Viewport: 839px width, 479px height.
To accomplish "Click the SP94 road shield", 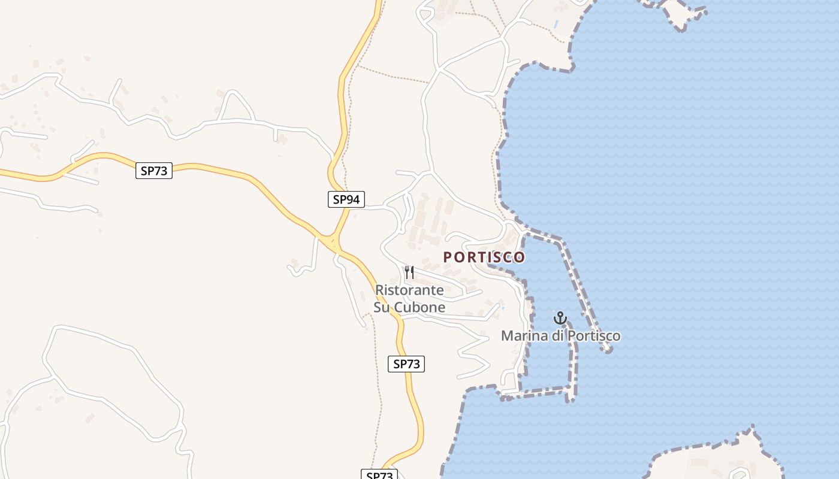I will coord(346,199).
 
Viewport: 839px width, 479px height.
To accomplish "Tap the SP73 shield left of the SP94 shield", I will coord(154,171).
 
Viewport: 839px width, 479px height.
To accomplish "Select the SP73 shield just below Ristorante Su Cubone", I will coord(406,363).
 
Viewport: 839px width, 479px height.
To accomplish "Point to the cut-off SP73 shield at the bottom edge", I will coord(379,475).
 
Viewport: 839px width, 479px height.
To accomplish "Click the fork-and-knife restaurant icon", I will coord(409,272).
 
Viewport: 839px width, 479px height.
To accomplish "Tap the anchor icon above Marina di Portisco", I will coord(560,318).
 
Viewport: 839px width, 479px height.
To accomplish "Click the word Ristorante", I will coord(409,290).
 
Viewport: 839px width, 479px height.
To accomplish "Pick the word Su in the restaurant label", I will coord(382,308).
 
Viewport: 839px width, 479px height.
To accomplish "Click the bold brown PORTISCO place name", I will coord(484,257).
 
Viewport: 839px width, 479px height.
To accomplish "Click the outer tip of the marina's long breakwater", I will coord(608,348).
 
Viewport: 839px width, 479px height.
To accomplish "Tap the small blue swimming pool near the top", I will coord(557,25).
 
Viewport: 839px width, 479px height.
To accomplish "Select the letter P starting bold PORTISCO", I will coord(447,257).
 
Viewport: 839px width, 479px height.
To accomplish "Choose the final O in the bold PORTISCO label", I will coord(520,257).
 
